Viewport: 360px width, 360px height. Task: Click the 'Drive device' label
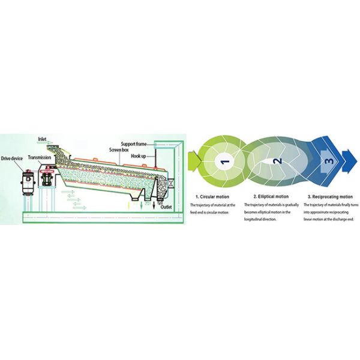pos(12,158)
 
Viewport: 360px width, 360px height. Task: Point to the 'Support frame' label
pos(134,143)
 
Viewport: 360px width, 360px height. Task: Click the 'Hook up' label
pos(139,156)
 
